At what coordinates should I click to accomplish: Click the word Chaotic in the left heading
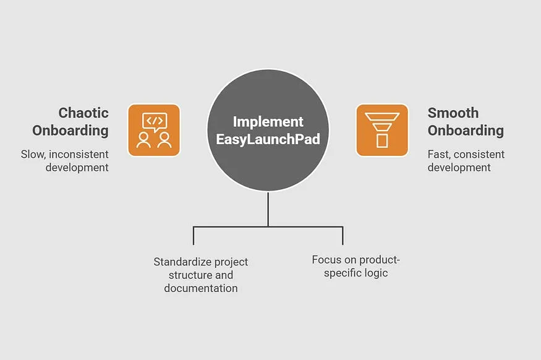pos(83,113)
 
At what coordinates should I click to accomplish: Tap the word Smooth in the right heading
pos(453,113)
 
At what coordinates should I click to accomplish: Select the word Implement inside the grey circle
pos(268,121)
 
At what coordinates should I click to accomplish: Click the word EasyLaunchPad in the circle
pos(268,139)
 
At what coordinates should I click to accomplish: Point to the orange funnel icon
pos(381,130)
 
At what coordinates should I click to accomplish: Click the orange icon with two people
pos(154,130)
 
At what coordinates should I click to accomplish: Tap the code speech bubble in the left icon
pos(154,121)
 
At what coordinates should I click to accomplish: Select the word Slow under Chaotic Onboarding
pos(33,154)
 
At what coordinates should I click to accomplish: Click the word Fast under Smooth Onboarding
pos(439,154)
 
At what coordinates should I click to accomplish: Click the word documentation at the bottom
pos(201,288)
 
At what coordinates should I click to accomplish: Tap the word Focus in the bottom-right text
pos(326,259)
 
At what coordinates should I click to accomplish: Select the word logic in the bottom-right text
pos(375,273)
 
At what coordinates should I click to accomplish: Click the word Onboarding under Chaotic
pos(70,131)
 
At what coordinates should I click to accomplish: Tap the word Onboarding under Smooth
pos(466,131)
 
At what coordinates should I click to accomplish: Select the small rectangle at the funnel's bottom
pos(381,141)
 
